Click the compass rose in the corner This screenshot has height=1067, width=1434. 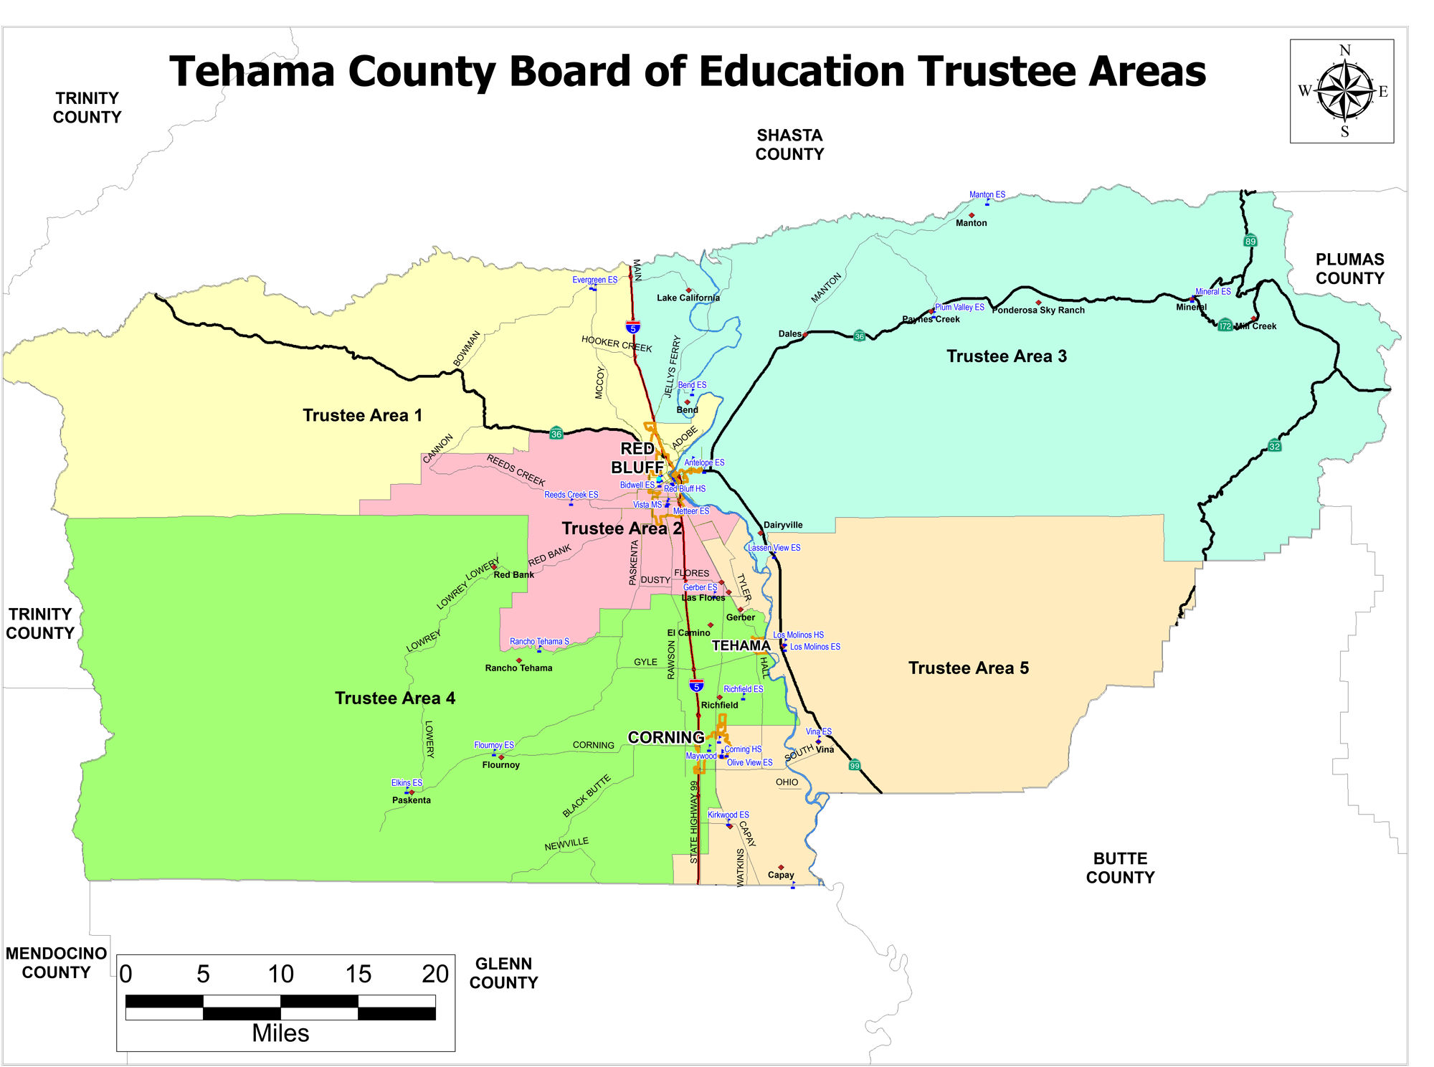click(x=1342, y=91)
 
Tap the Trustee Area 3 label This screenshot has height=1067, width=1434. click(x=1006, y=356)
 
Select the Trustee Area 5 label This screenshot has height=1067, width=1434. click(x=968, y=668)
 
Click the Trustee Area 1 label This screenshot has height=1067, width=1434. click(x=362, y=415)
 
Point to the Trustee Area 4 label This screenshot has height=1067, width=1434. click(x=394, y=698)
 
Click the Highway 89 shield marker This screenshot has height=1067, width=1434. click(x=1250, y=241)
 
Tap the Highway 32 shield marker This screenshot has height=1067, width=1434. click(x=1274, y=446)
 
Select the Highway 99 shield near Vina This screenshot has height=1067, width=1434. click(x=854, y=765)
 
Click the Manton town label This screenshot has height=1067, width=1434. click(x=971, y=223)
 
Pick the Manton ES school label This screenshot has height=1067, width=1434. click(x=987, y=194)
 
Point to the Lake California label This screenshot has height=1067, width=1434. click(x=688, y=298)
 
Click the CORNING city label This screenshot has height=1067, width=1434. click(x=665, y=737)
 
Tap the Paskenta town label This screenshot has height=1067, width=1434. click(x=411, y=800)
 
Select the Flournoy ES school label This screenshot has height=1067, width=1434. click(x=493, y=745)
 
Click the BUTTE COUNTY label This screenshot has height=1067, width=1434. click(x=1120, y=868)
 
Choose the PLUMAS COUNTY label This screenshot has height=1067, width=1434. click(x=1349, y=269)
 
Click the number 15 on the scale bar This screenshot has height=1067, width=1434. click(x=358, y=974)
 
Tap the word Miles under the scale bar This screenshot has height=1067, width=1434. click(x=280, y=1033)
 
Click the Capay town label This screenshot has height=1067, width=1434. click(x=780, y=875)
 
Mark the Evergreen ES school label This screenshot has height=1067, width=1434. click(x=594, y=280)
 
